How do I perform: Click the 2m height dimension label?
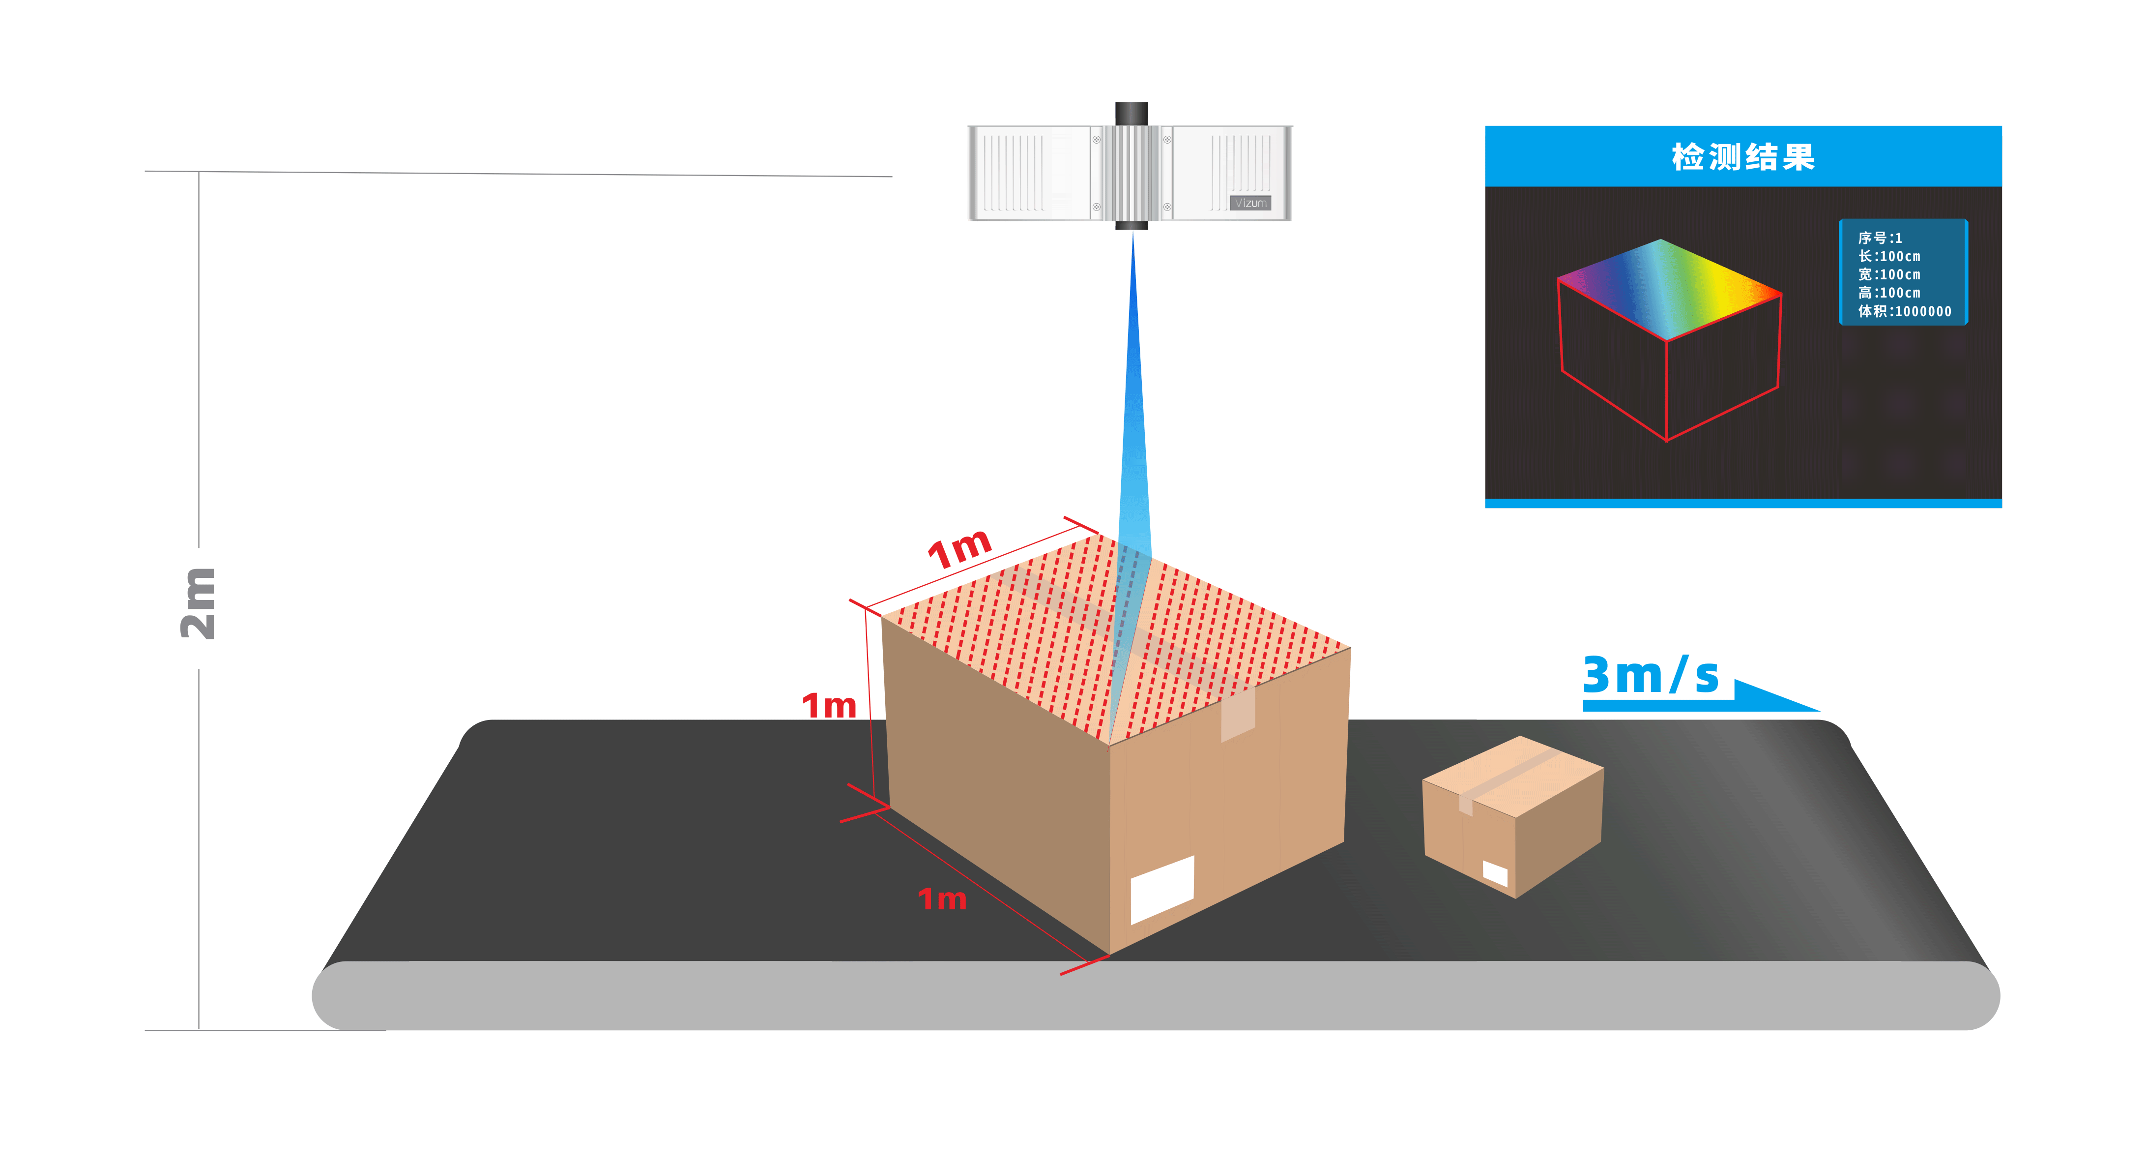tap(199, 603)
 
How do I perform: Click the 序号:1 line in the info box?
tap(1880, 239)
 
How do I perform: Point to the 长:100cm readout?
tap(1888, 257)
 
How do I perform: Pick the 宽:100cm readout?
tap(1888, 275)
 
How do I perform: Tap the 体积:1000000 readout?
tap(1905, 312)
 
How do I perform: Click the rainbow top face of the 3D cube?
tap(1667, 288)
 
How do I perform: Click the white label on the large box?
tap(1162, 889)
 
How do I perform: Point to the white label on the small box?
tap(1494, 873)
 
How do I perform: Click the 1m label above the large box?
tap(959, 548)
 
